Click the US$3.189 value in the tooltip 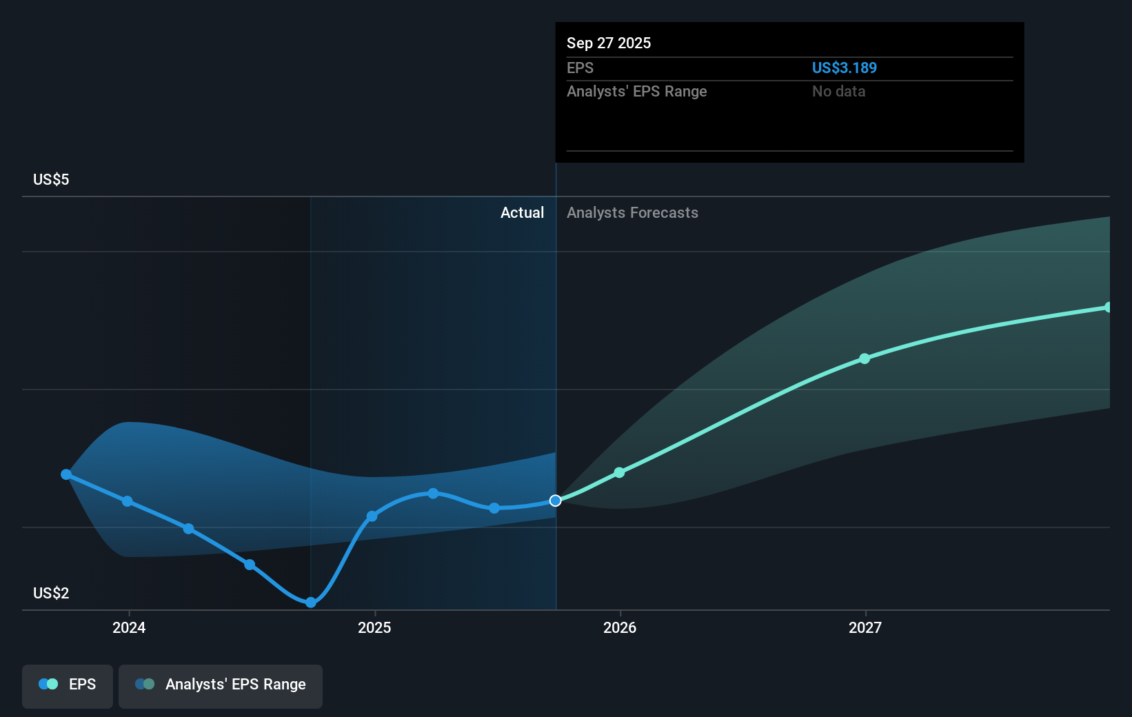tap(844, 68)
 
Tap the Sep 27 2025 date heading tap(608, 43)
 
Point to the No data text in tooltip tap(838, 91)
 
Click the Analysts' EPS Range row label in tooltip tap(636, 91)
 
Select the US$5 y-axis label tap(51, 179)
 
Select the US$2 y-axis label tap(51, 593)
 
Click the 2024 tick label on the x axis tap(129, 627)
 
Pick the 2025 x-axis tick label tap(374, 627)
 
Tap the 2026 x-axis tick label tap(620, 627)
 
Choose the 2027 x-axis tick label tap(865, 627)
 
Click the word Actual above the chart tap(522, 212)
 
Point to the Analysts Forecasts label tap(632, 212)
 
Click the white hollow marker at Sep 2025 tap(555, 501)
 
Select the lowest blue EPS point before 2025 tap(311, 603)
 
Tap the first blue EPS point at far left tap(66, 474)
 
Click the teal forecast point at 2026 tap(619, 472)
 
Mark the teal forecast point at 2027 tap(865, 358)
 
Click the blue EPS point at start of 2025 tap(372, 516)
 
